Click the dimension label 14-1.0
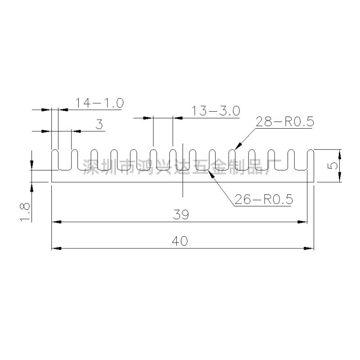coord(99,103)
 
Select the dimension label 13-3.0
coord(216,111)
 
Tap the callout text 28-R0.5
coord(284,122)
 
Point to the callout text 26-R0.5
coord(263,199)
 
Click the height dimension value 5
coord(333,166)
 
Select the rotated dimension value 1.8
coord(25,211)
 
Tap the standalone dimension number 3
coord(99,124)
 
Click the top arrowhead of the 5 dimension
coord(340,153)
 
